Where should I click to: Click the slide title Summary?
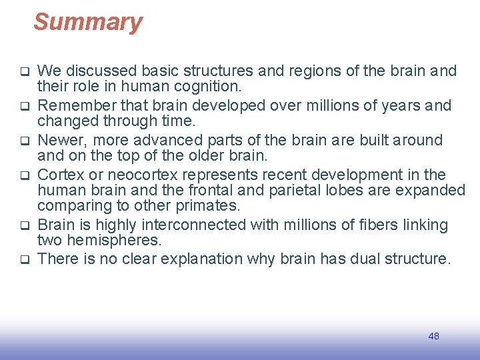click(88, 22)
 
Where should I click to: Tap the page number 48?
click(433, 336)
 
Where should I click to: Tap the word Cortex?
click(60, 175)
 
